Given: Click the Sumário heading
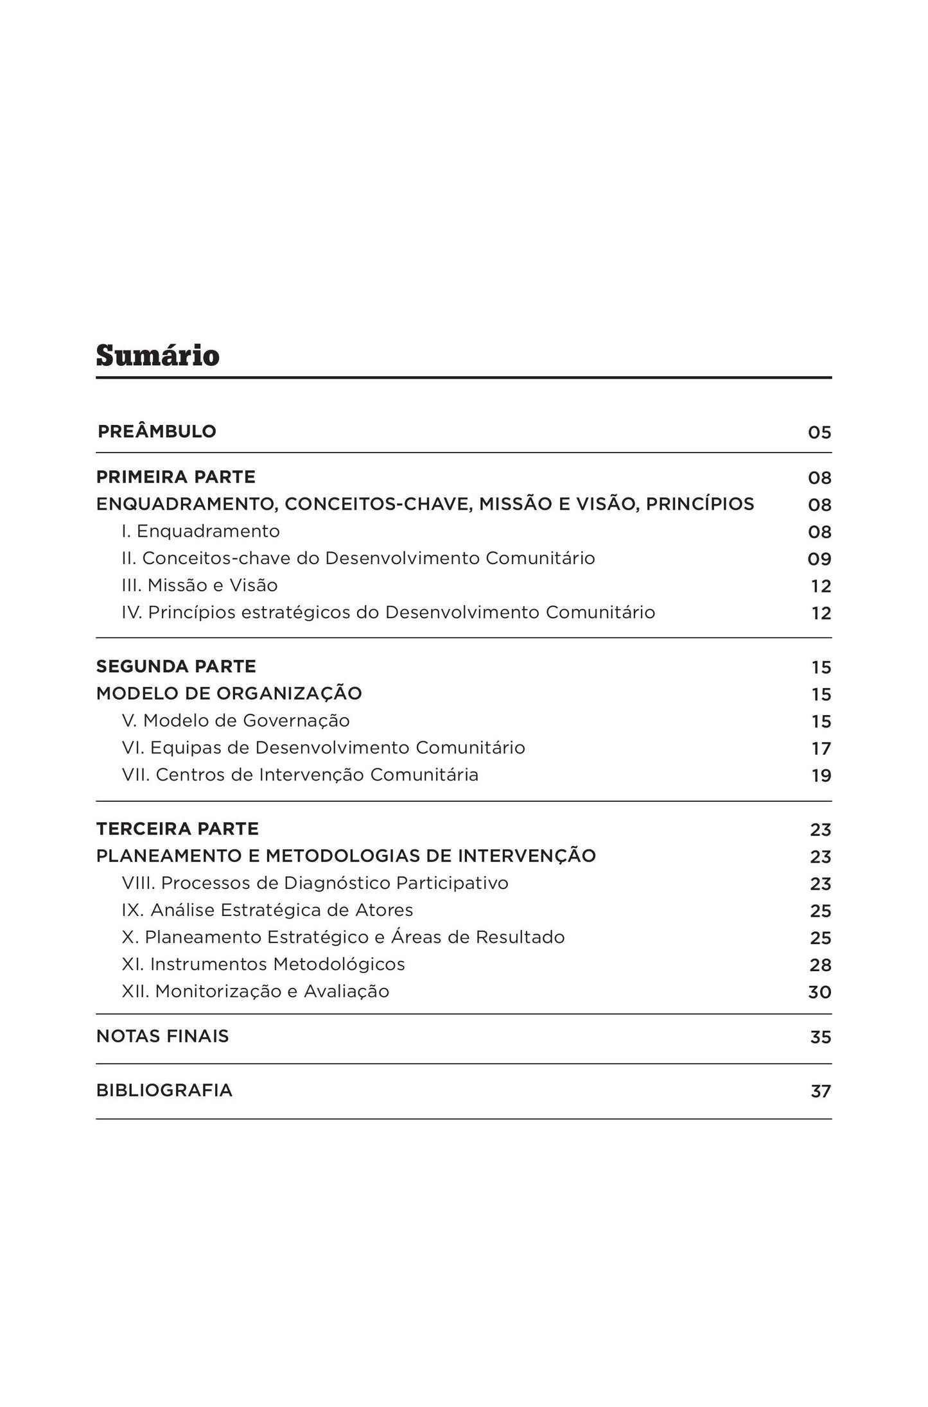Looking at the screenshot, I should pyautogui.click(x=157, y=356).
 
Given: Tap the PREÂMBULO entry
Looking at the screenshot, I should pyautogui.click(x=157, y=431).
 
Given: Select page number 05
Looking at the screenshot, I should pyautogui.click(x=819, y=433).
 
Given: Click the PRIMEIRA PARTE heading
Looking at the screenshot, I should pyautogui.click(x=175, y=477).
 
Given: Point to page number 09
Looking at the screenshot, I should pyautogui.click(x=819, y=559).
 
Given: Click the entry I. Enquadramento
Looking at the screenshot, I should pyautogui.click(x=200, y=531).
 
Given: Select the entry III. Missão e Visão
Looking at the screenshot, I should pyautogui.click(x=200, y=585).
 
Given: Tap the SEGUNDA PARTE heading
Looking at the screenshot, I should pyautogui.click(x=176, y=666).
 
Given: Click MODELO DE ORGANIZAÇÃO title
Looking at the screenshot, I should pyautogui.click(x=229, y=693).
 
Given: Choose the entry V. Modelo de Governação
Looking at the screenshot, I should pyautogui.click(x=236, y=721).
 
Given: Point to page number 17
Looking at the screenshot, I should pyautogui.click(x=821, y=749).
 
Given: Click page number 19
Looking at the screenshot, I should pyautogui.click(x=821, y=776).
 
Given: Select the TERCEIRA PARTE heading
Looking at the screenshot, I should pyautogui.click(x=177, y=829).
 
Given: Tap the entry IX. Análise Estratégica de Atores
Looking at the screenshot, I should pyautogui.click(x=267, y=910).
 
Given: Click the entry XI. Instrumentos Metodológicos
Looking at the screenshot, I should pyautogui.click(x=263, y=964).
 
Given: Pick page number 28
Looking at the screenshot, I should pyautogui.click(x=820, y=965).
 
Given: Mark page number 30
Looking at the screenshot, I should pyautogui.click(x=819, y=992).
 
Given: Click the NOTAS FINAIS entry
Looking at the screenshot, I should pyautogui.click(x=162, y=1036).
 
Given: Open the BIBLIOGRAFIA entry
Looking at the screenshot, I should pyautogui.click(x=164, y=1090).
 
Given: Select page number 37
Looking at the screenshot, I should pyautogui.click(x=820, y=1091).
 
